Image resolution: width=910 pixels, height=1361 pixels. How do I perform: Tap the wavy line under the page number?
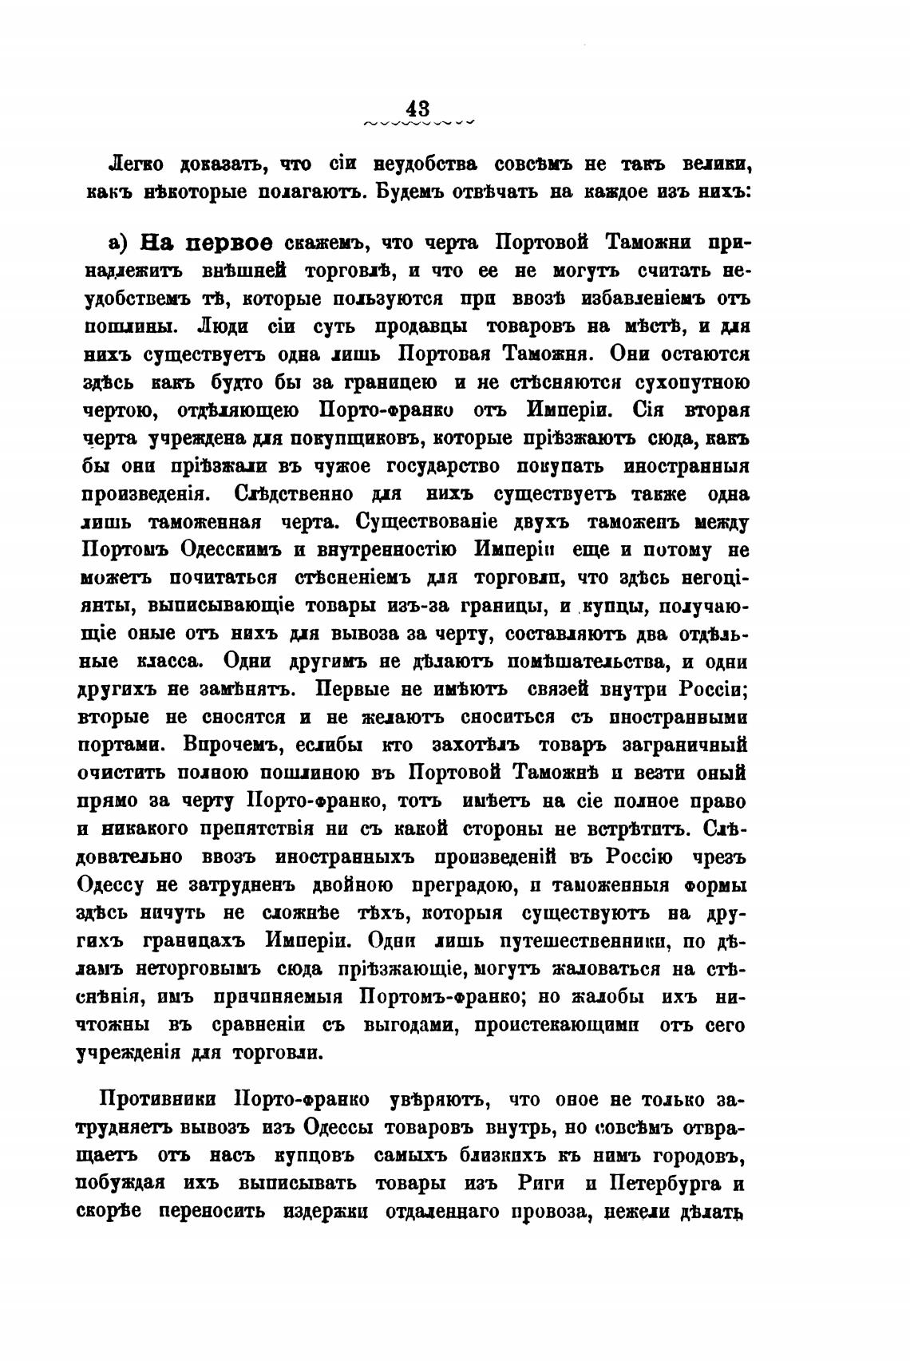click(x=418, y=123)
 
